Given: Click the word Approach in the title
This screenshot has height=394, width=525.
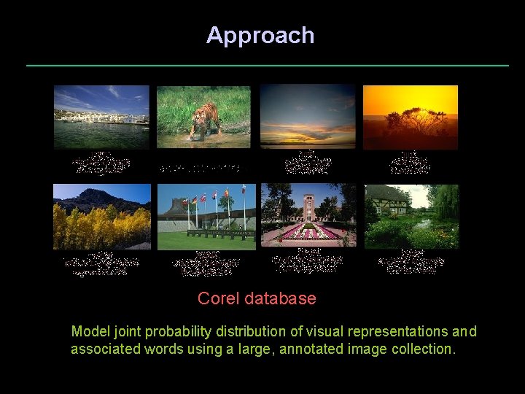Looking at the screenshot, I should tap(260, 35).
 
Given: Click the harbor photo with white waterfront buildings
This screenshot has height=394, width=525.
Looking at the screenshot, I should tap(101, 117).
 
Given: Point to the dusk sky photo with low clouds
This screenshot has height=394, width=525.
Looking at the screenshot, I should tap(308, 117).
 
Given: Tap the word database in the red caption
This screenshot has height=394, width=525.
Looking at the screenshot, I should tap(281, 298).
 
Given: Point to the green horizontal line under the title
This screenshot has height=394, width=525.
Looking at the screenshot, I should tap(268, 66).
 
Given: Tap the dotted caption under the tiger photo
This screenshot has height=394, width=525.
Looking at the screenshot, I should tap(204, 168).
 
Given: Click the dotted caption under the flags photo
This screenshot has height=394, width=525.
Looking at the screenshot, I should tap(206, 263).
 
